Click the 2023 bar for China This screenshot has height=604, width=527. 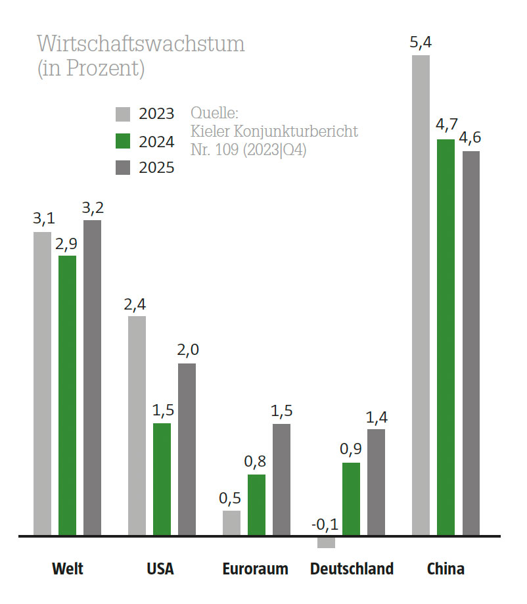[x=421, y=296]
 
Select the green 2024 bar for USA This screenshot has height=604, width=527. [x=162, y=480]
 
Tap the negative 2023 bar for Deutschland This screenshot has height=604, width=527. [x=326, y=542]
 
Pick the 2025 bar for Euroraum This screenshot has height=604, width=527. [x=281, y=480]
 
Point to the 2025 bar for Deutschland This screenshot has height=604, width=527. [x=376, y=482]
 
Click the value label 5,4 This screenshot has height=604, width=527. [x=421, y=44]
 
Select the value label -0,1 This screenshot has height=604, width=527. [x=325, y=524]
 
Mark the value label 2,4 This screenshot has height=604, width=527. [x=137, y=304]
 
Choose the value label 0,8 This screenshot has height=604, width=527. [x=256, y=463]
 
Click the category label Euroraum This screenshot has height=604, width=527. [x=255, y=569]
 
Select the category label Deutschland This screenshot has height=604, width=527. [x=352, y=569]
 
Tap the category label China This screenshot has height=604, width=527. [x=446, y=569]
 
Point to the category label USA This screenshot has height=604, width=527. [x=160, y=569]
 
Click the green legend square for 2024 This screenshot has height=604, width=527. [x=124, y=141]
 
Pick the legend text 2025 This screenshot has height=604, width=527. [x=156, y=168]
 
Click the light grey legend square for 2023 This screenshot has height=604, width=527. [x=124, y=114]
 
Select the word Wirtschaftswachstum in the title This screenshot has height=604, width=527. [x=141, y=44]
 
